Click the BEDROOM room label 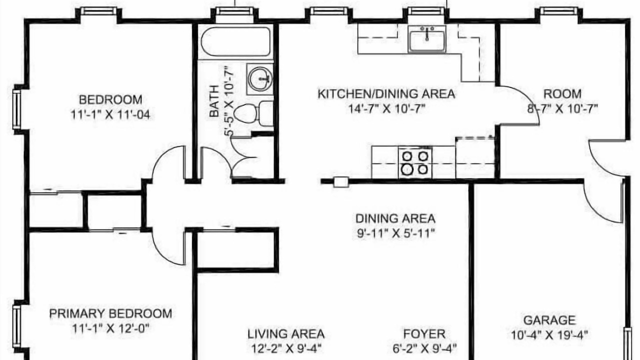tap(110, 99)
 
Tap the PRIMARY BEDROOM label tap(110, 313)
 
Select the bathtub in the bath tap(235, 41)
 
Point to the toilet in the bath tap(251, 113)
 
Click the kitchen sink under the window tap(427, 38)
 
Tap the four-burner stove tap(415, 162)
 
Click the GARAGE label tap(549, 320)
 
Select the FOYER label tap(424, 333)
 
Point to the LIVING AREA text tap(286, 333)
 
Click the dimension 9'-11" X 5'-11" tap(395, 233)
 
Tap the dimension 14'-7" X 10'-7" tap(386, 108)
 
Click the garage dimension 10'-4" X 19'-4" tap(549, 334)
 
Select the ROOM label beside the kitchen tap(562, 94)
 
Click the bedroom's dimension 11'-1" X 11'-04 tap(110, 115)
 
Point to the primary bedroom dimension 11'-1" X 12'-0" tap(110, 328)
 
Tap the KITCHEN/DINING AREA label tap(386, 93)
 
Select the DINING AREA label tap(395, 218)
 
